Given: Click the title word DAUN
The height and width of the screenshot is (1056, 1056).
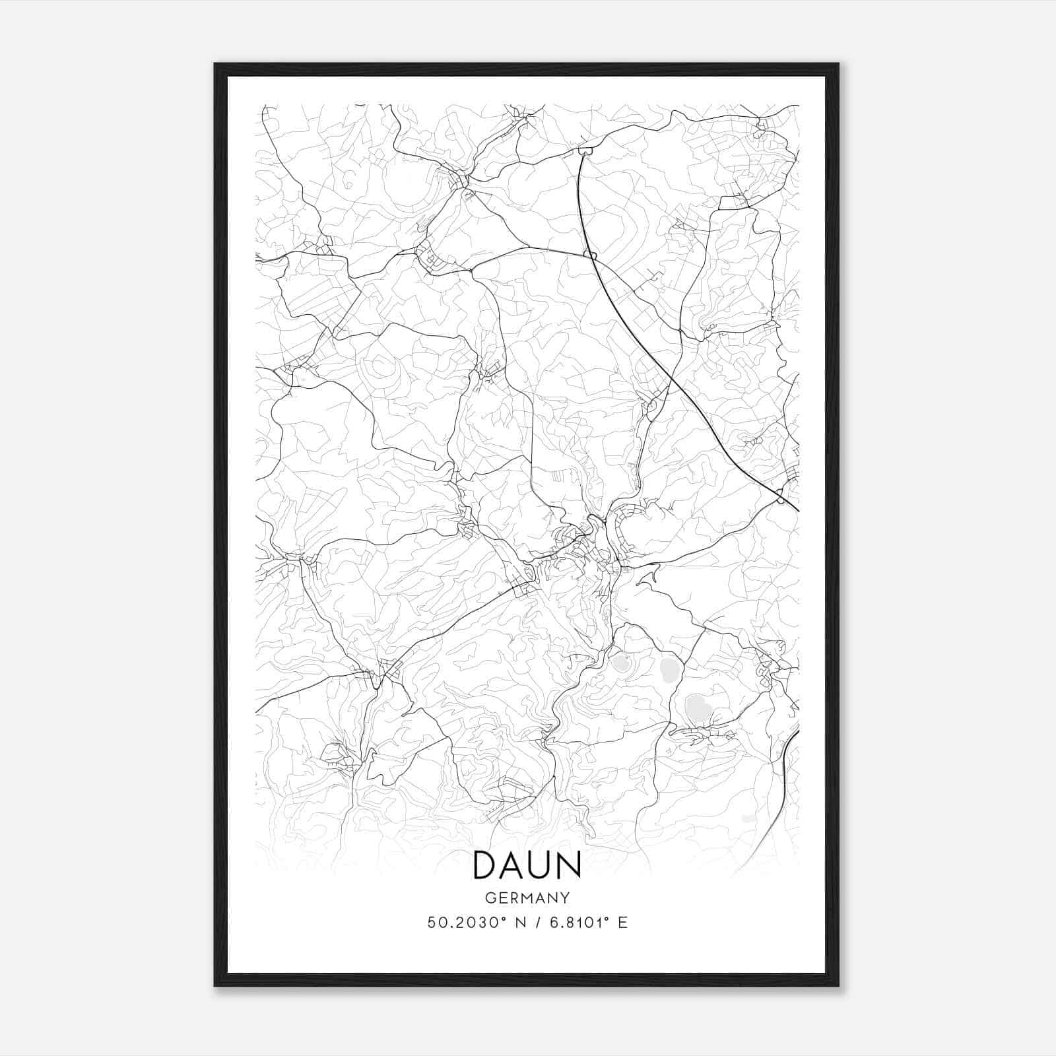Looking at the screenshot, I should [x=527, y=865].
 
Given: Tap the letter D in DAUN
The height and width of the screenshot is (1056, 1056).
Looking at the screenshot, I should [x=486, y=865].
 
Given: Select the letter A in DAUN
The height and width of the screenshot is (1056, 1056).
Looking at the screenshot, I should [x=511, y=865].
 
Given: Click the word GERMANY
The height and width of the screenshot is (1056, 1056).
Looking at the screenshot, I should [x=527, y=898].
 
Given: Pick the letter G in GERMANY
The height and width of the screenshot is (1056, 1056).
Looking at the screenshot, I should [x=490, y=898].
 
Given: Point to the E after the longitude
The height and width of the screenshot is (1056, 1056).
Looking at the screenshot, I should [x=622, y=923].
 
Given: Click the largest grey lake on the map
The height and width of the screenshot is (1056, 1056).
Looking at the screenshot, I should [x=698, y=708].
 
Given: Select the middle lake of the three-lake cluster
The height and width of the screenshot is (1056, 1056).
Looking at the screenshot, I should [x=668, y=671].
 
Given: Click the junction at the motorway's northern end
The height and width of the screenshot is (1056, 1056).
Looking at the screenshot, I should [x=585, y=151].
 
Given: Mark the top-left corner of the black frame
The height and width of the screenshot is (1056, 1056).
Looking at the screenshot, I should [x=215, y=64].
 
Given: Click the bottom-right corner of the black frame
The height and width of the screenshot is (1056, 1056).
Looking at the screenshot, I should [x=838, y=985].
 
